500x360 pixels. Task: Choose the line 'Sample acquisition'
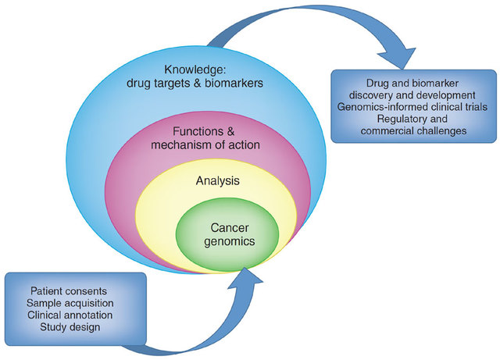75,302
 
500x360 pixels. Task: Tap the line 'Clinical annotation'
75,315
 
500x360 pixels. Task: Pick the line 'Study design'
75,329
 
